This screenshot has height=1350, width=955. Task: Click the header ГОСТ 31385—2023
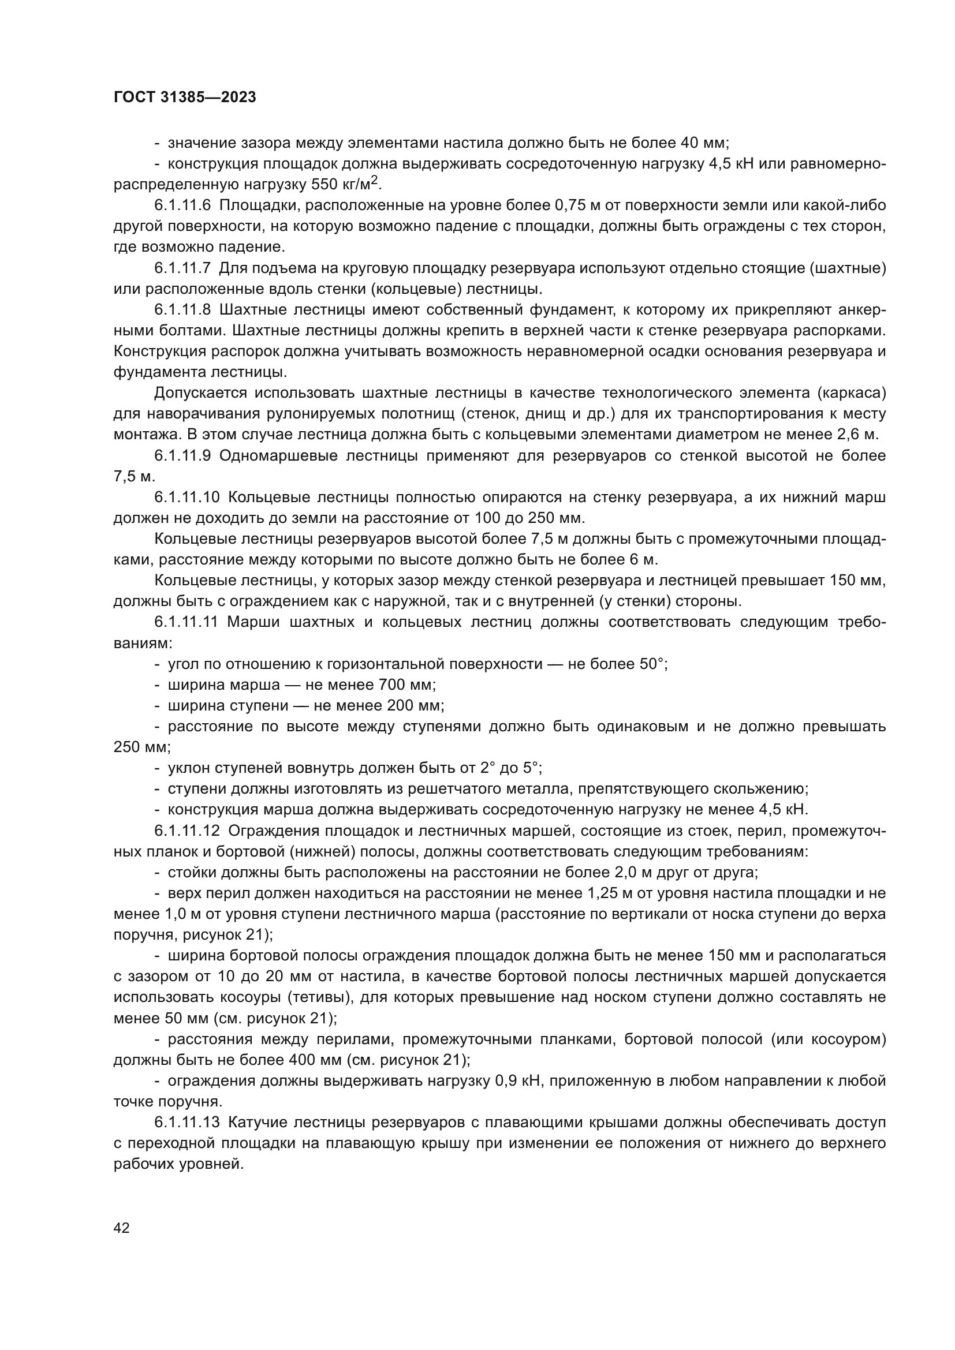coord(185,98)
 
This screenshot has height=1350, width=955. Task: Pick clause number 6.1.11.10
coord(186,498)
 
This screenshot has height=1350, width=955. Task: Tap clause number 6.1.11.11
coord(186,622)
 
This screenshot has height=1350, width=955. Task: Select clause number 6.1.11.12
coord(186,830)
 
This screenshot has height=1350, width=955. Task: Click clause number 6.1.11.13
coord(186,1122)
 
